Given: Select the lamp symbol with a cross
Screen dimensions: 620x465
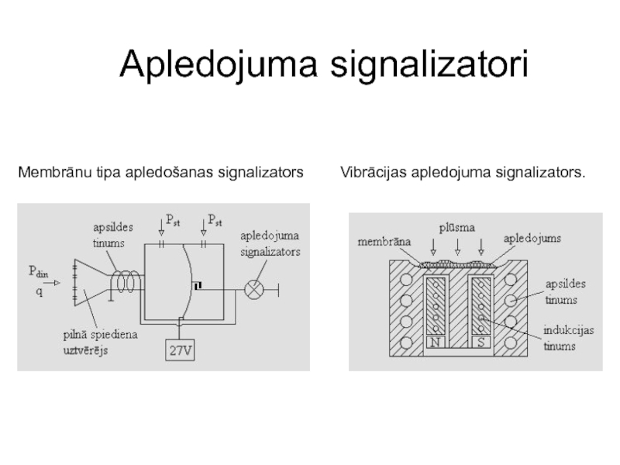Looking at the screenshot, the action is click(254, 290).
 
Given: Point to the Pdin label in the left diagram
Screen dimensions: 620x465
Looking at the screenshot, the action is click(39, 272).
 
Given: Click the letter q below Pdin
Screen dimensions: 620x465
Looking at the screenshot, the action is click(38, 292).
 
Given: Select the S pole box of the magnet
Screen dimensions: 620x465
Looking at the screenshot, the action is click(480, 342).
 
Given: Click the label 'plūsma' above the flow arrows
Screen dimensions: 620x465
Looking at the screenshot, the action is click(457, 226).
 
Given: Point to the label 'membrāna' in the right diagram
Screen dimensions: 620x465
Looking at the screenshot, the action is click(384, 242).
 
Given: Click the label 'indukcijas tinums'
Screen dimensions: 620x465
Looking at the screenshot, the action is click(568, 338).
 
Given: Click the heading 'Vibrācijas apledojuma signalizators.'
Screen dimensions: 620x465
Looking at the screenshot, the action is click(463, 171).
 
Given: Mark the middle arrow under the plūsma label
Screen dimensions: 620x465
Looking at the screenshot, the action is click(457, 246).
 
